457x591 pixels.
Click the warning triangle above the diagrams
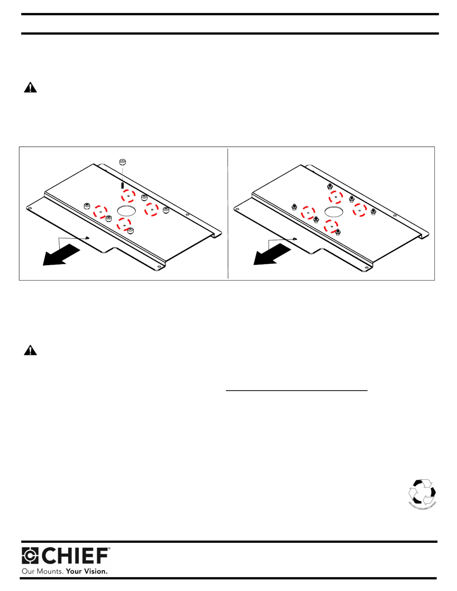tap(30, 87)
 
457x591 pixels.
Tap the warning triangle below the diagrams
tap(30, 350)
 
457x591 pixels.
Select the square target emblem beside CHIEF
tap(30, 556)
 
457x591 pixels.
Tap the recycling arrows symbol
tap(422, 492)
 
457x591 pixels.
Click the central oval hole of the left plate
tap(126, 211)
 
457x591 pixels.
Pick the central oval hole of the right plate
tap(334, 212)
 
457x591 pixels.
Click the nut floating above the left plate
tap(122, 162)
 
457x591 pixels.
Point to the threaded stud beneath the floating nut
tap(122, 185)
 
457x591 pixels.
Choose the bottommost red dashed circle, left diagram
tap(124, 224)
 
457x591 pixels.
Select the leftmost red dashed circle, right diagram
tap(308, 213)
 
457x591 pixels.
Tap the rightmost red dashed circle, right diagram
tap(360, 210)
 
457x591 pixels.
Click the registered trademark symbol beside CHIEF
tap(109, 549)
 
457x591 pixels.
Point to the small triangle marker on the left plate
tap(87, 238)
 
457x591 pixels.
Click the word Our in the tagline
tap(28, 571)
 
